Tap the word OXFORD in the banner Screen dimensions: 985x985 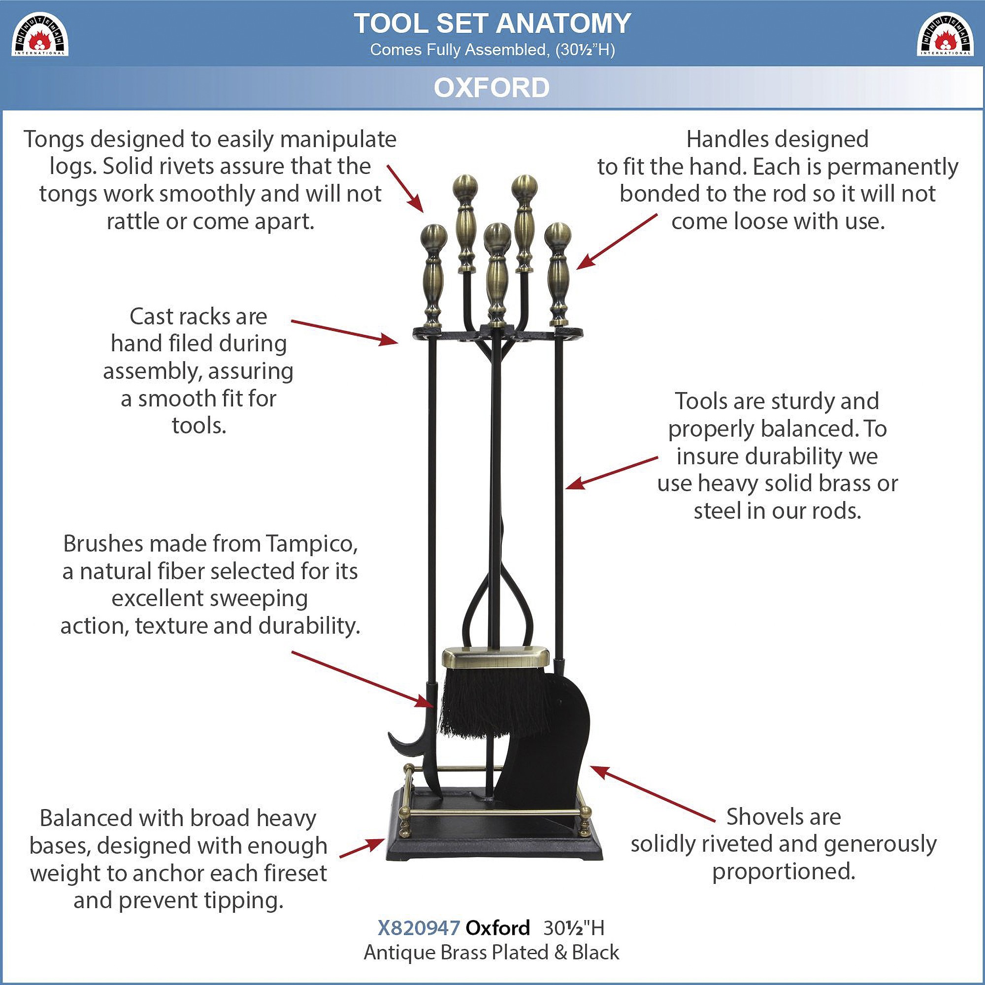(492, 88)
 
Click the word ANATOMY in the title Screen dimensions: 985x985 (563, 24)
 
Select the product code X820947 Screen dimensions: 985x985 (419, 928)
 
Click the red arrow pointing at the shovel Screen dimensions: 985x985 (653, 794)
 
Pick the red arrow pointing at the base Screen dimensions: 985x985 (362, 848)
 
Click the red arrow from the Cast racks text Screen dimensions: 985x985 (345, 332)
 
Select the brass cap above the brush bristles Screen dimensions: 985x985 (495, 658)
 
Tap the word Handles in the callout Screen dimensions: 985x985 (720, 139)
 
